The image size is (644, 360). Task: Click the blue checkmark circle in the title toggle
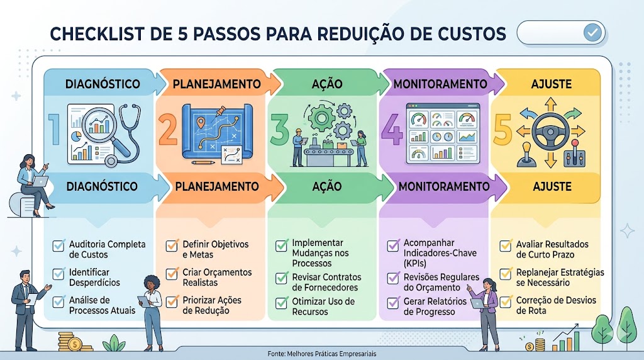click(592, 33)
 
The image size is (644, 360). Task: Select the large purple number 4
click(392, 130)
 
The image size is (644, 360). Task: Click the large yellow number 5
click(502, 130)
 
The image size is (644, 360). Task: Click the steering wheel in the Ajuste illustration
click(550, 132)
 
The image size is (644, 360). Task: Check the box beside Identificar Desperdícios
click(58, 274)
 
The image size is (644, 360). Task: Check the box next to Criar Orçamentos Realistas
click(172, 274)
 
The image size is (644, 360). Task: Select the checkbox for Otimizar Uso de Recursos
click(281, 303)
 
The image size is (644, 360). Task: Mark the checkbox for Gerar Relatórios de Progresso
click(393, 303)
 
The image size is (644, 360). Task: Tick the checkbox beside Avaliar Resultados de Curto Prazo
click(506, 245)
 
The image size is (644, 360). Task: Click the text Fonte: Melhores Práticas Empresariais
click(321, 354)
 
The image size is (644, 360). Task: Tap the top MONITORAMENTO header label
click(440, 84)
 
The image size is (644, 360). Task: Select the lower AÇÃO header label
click(327, 186)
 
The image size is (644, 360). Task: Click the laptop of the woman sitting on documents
click(40, 181)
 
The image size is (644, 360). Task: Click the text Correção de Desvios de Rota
click(556, 305)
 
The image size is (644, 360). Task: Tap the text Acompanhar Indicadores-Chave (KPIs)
click(440, 253)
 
